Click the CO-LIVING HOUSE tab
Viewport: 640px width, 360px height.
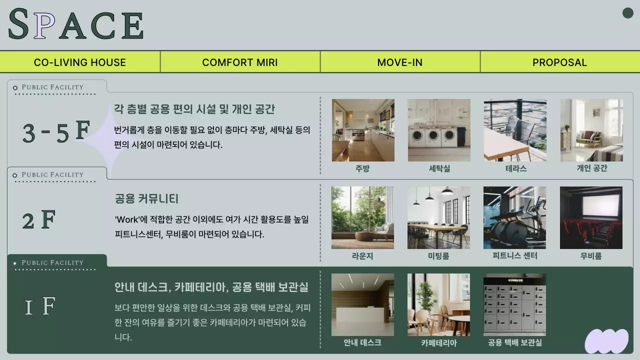[x=80, y=62]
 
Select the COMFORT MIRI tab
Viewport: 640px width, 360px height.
[x=240, y=62]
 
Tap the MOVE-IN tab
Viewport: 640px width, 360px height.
[x=400, y=62]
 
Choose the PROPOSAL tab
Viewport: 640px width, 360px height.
[x=559, y=62]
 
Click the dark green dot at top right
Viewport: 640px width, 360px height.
[x=628, y=13]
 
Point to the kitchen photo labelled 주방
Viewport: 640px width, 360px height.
[x=363, y=130]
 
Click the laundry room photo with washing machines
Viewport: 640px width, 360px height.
[x=439, y=130]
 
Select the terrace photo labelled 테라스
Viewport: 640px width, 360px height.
[x=515, y=130]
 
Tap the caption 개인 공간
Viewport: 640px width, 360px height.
[x=591, y=168]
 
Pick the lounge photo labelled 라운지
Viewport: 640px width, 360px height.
[x=362, y=217]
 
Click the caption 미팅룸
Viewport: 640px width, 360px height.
[x=438, y=256]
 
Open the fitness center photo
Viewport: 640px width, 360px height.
[x=514, y=217]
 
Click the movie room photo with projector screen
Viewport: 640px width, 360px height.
[x=591, y=217]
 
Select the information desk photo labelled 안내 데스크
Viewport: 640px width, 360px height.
[x=362, y=304]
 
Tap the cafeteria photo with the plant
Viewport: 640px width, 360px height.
[x=438, y=304]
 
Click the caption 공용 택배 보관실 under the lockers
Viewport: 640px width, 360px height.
[x=514, y=342]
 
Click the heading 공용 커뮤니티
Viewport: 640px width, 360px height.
[x=146, y=198]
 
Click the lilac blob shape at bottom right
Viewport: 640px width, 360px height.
[x=606, y=341]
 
